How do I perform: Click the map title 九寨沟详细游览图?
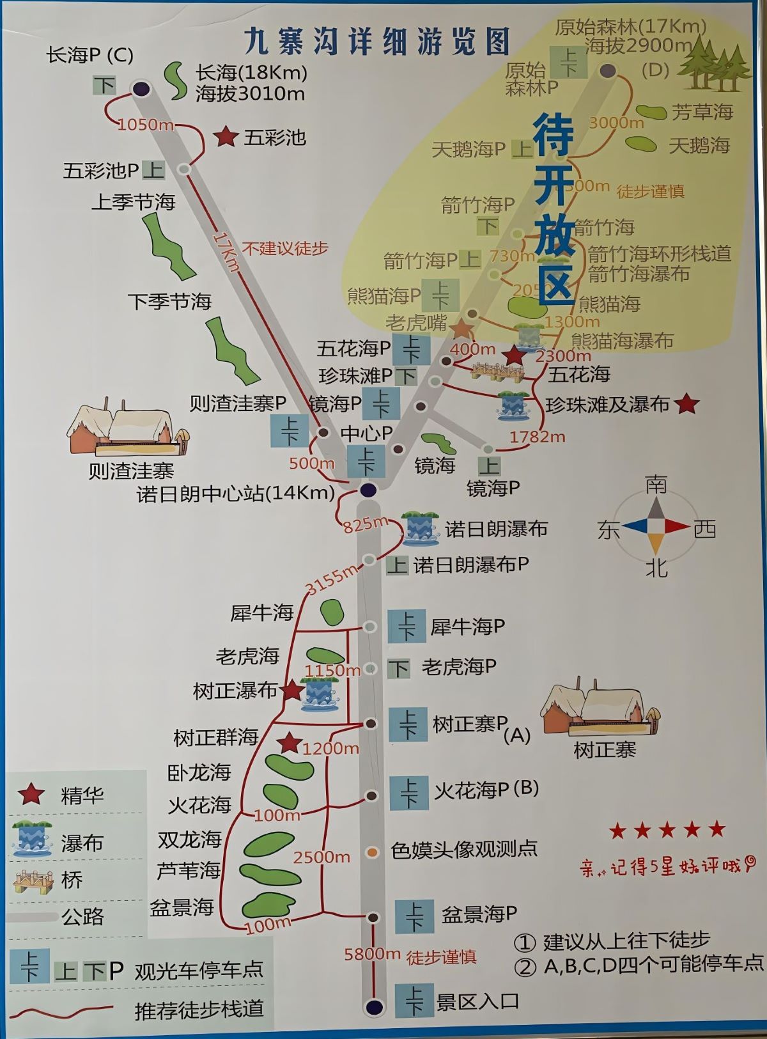coord(377,41)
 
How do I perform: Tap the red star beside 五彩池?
coord(225,137)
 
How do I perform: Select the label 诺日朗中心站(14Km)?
coord(236,494)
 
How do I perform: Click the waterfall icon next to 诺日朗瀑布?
coord(420,528)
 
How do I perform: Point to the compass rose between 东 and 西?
coord(656,526)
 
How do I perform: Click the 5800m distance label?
coord(372,954)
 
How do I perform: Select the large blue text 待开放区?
coord(554,208)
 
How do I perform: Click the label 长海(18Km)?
coord(251,72)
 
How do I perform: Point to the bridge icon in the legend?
coord(33,880)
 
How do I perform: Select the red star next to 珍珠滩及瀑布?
coord(686,404)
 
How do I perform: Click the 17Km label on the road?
coord(226,251)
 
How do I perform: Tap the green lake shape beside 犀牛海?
coord(332,612)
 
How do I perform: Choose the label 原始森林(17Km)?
coord(630,27)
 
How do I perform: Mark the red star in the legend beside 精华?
coord(31,795)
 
